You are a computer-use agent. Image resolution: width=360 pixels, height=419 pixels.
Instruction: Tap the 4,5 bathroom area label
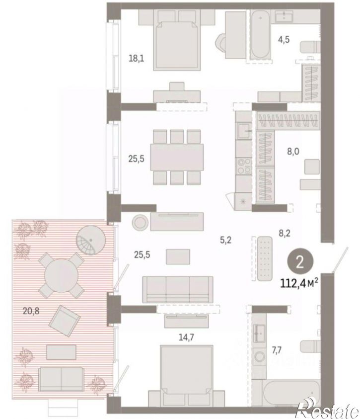(x=284, y=40)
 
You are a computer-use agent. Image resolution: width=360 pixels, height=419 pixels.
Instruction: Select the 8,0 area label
(x=293, y=152)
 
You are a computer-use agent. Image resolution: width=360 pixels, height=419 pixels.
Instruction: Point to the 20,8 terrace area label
(x=31, y=311)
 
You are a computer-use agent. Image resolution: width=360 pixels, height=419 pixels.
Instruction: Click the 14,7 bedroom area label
(x=186, y=337)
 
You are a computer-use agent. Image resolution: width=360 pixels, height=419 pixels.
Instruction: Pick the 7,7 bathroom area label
(x=277, y=350)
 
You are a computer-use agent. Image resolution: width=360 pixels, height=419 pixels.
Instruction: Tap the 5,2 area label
(x=225, y=240)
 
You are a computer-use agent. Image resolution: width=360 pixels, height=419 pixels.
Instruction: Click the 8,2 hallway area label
(x=285, y=233)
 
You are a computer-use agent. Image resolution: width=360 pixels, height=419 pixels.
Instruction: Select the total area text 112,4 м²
(x=299, y=283)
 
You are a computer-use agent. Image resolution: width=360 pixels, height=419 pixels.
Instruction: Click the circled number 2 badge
(x=300, y=262)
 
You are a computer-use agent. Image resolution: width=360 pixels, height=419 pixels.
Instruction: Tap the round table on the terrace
(x=62, y=275)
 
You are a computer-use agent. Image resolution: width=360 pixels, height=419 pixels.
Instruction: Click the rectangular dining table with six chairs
(x=177, y=157)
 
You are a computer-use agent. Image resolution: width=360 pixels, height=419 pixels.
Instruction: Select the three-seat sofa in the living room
(x=178, y=290)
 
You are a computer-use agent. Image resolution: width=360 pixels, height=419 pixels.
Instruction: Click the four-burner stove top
(x=244, y=166)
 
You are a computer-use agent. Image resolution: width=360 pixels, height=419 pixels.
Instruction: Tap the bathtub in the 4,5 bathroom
(x=260, y=34)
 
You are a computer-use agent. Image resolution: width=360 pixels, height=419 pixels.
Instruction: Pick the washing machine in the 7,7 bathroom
(x=259, y=357)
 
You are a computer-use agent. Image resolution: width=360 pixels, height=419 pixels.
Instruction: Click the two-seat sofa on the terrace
(x=61, y=379)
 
